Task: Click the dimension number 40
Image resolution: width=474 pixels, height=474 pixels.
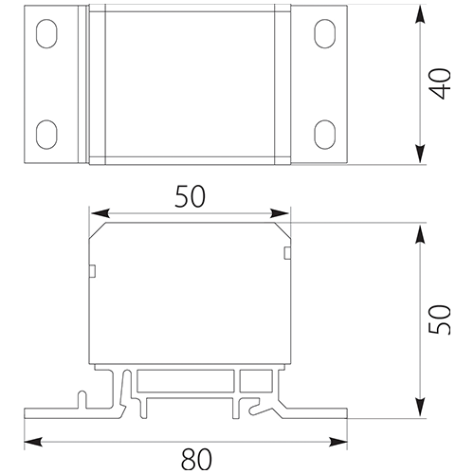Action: [x=441, y=83]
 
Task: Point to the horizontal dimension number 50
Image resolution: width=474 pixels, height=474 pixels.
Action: [x=191, y=196]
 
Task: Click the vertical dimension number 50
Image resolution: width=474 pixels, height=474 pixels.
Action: [x=439, y=319]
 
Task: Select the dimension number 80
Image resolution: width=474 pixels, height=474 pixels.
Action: [x=196, y=459]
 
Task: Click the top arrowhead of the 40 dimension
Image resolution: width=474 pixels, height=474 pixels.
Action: [x=420, y=14]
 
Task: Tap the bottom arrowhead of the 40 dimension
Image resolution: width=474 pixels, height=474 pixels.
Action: [x=420, y=155]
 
